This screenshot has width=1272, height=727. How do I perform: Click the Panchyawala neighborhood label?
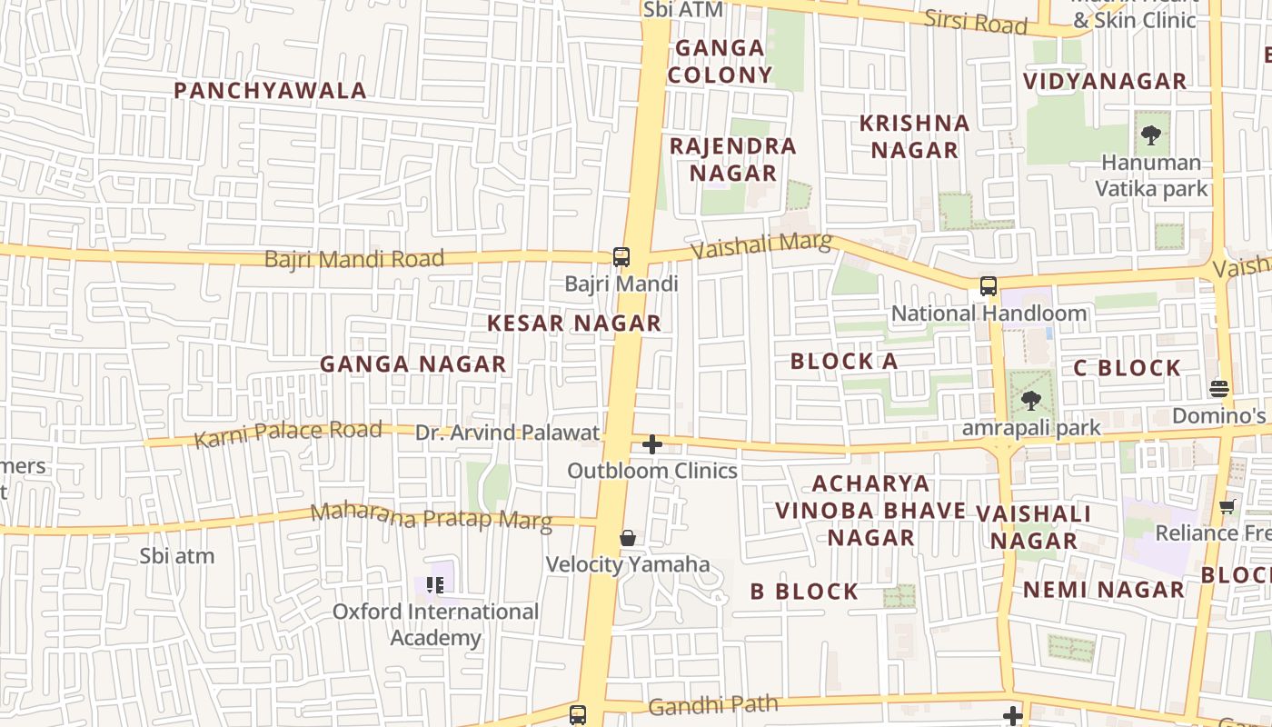coord(270,91)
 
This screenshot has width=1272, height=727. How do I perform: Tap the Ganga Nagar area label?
coord(412,364)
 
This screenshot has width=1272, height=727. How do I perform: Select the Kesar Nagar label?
coord(574,324)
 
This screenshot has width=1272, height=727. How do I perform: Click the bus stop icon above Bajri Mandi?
coord(621,257)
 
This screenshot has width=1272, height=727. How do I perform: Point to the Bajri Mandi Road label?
coord(354,259)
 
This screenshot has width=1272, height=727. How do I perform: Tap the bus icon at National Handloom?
coord(989,286)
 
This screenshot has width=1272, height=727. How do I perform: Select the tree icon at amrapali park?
coord(1030,400)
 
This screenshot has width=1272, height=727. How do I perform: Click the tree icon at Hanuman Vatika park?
coord(1151,136)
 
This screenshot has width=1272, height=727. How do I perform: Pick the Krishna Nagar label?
coord(915,137)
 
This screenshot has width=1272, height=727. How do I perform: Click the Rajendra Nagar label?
coord(733,160)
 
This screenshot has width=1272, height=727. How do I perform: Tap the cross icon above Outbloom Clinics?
coord(652,444)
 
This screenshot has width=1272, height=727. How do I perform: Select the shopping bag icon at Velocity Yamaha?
coord(628,538)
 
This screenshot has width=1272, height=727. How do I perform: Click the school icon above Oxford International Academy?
coord(435,585)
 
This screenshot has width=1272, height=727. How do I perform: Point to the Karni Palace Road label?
coord(288,434)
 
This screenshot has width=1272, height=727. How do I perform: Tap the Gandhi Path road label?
coord(713,704)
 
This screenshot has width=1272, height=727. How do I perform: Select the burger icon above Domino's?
coord(1219,389)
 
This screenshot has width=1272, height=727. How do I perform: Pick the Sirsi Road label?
coord(976,22)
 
